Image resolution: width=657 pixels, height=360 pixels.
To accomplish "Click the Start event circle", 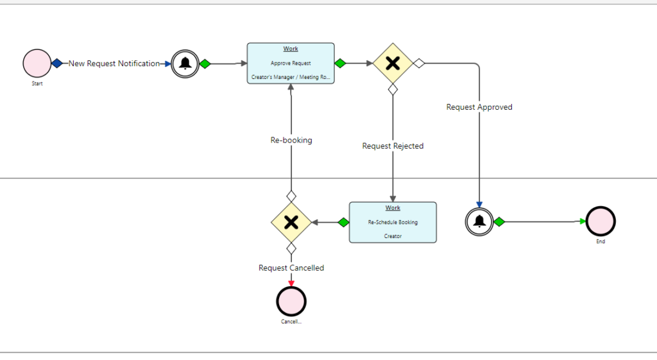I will coord(37,64).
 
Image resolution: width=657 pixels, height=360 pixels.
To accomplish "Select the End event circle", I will coord(600,221).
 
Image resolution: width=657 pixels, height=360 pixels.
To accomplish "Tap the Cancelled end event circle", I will coord(291,300).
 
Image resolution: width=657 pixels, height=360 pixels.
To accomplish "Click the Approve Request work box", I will coord(291,64).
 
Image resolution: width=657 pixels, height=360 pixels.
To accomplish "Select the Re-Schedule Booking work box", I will coord(393,222).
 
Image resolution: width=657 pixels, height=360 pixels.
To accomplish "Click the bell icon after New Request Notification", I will coord(185,64).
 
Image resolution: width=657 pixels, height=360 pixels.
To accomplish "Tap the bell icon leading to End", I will coord(479,221).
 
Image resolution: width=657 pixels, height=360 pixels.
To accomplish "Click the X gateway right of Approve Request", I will coord(393,64).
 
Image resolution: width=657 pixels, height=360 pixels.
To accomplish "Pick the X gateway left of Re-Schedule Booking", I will coord(291,222).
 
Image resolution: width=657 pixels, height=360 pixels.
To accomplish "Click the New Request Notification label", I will coord(114,64).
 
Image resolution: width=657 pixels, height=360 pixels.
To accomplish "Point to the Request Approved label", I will coord(479,107).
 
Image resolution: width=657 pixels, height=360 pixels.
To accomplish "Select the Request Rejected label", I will coord(393,146).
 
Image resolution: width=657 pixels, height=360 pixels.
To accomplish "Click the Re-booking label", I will coord(291,140).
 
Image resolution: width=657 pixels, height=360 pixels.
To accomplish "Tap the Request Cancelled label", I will coord(291,268).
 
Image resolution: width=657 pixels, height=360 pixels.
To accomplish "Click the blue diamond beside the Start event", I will coord(57,64).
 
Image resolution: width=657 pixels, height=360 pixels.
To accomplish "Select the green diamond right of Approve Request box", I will coord(340,64).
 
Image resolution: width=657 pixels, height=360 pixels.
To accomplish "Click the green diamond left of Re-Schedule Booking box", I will coord(343,222).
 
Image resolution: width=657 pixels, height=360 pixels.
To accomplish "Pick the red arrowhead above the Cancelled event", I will coord(291,282).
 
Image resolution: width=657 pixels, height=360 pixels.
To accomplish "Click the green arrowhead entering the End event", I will coord(583,221).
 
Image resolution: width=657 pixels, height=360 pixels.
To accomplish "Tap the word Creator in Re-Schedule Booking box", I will coord(393,236).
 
